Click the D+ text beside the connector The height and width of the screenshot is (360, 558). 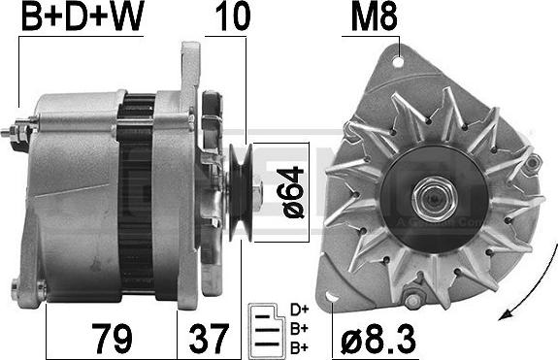300,310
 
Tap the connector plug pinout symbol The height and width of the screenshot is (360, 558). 263,327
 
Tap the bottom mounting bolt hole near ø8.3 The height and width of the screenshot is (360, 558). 413,301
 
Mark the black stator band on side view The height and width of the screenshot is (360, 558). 136,194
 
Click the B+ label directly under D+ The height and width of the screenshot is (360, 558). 300,327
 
